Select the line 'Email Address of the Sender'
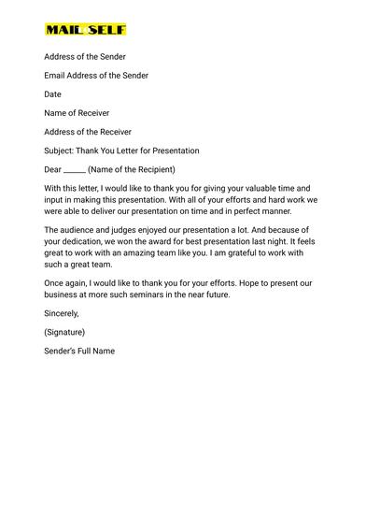[96, 76]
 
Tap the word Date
[52, 94]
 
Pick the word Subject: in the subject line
[61, 151]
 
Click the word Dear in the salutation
[52, 169]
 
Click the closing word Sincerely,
[62, 313]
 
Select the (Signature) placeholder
[64, 332]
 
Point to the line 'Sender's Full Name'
[79, 351]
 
